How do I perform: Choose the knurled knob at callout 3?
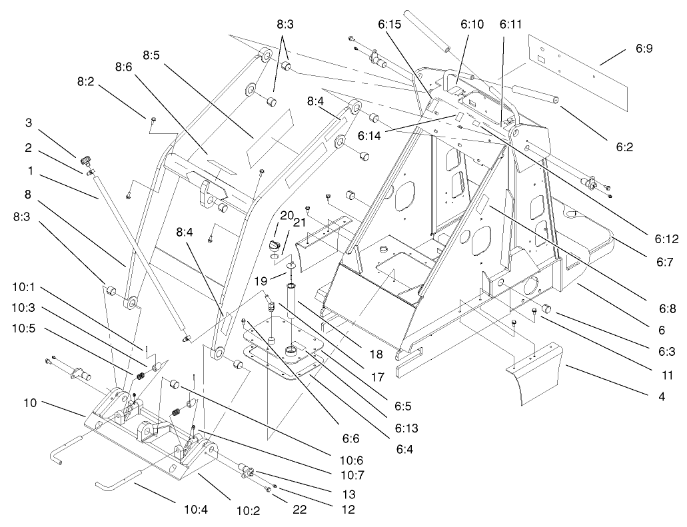(x=85, y=161)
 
